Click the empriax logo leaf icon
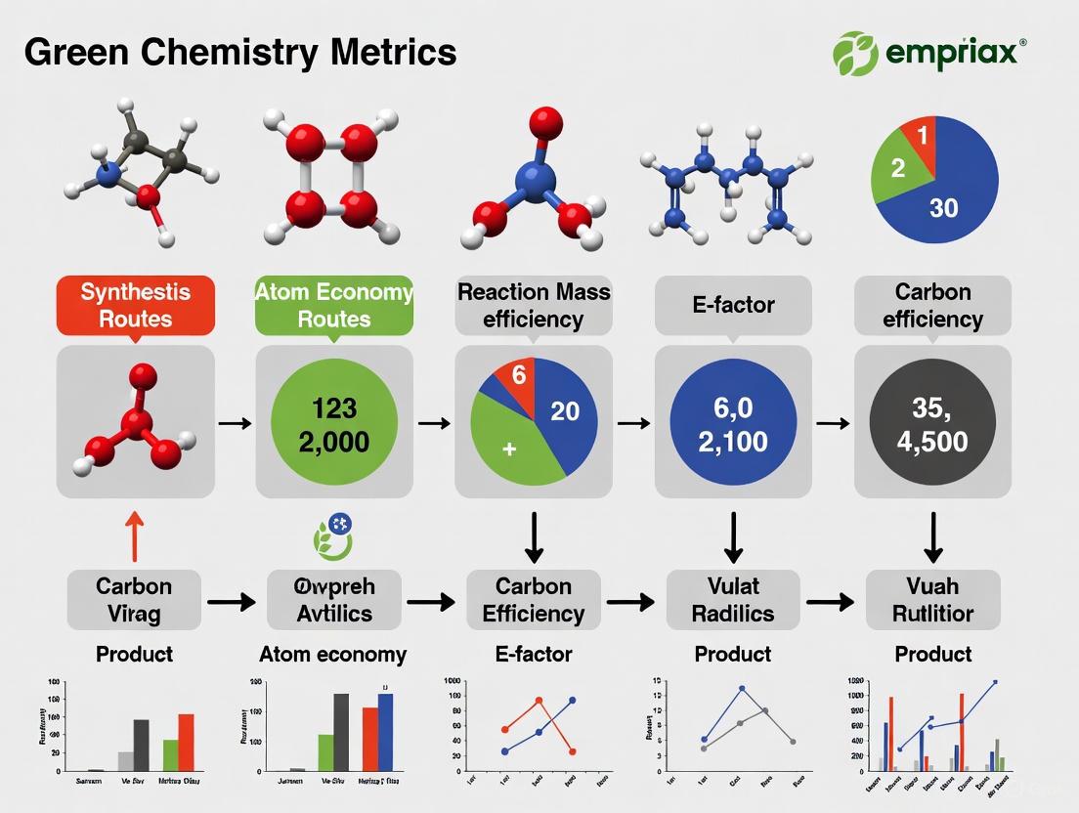point(855,52)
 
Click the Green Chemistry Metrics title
point(240,51)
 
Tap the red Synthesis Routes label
point(135,305)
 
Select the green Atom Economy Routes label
point(334,305)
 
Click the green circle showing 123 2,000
point(334,423)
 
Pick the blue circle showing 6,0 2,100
point(733,423)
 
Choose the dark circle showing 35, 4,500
point(932,423)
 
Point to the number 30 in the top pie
point(944,206)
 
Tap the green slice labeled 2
point(897,168)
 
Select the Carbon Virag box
point(135,600)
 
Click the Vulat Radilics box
point(733,600)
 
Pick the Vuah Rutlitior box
point(932,600)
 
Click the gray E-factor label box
point(733,306)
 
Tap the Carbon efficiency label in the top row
point(932,306)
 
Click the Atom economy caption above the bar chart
point(332,654)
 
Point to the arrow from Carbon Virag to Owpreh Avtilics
point(233,601)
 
